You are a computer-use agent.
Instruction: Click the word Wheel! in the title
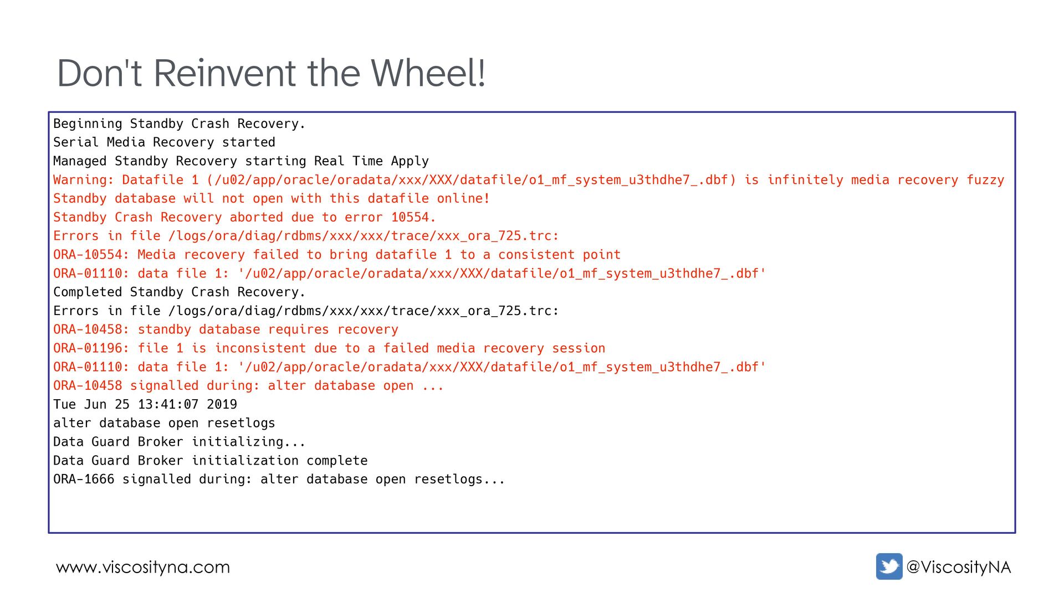(428, 73)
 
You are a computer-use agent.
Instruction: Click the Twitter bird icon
(889, 566)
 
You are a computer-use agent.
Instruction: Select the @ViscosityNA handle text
(958, 567)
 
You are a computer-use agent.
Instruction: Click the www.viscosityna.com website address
(143, 568)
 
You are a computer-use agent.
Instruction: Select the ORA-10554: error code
(91, 255)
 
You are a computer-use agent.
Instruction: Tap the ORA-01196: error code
(91, 348)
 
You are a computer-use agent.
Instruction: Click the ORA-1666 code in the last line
(84, 480)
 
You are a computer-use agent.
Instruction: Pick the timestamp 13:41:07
(168, 405)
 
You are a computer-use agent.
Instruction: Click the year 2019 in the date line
(222, 405)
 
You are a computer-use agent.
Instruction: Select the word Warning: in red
(84, 180)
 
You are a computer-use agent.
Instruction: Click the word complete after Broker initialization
(337, 461)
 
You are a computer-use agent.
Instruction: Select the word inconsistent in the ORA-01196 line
(260, 348)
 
